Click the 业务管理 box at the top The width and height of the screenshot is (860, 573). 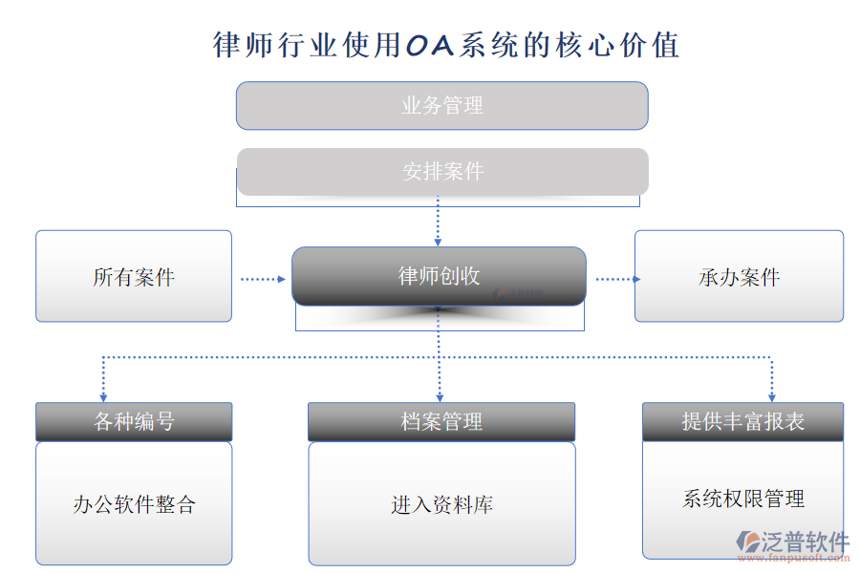click(441, 105)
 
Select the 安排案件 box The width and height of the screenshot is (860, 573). click(442, 172)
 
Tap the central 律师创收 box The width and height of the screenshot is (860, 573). click(439, 276)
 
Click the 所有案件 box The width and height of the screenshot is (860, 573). click(134, 277)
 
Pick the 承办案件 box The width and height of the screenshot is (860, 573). click(739, 277)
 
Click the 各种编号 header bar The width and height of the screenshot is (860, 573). click(134, 421)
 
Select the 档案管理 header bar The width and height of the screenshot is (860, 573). click(441, 421)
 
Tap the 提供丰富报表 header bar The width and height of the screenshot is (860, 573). click(742, 421)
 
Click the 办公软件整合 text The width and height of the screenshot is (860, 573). click(134, 504)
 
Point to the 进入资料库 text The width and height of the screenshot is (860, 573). click(441, 504)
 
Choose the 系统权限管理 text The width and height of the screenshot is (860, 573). click(742, 499)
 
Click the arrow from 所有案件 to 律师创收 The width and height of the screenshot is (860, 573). click(262, 279)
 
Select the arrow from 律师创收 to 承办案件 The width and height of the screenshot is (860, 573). click(617, 279)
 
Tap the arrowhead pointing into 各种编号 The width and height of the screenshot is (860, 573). click(102, 396)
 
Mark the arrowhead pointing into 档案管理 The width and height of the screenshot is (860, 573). click(440, 396)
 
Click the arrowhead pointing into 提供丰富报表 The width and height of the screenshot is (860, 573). click(771, 396)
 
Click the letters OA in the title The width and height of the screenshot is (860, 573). click(430, 45)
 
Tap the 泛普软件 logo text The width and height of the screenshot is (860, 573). click(804, 541)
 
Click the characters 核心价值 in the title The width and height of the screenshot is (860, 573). click(617, 45)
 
